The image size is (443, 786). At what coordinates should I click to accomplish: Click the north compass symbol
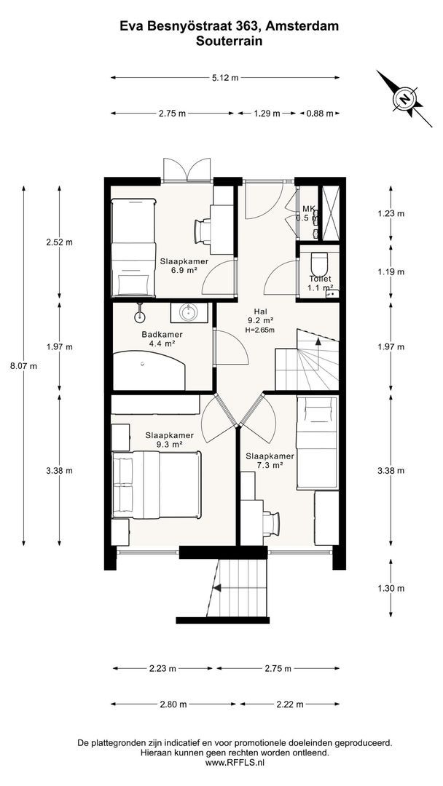(x=404, y=98)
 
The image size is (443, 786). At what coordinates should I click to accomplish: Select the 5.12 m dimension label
(x=224, y=78)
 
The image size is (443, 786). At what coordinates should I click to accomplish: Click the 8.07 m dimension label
(x=23, y=366)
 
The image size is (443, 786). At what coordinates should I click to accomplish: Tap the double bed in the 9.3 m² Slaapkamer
(x=156, y=484)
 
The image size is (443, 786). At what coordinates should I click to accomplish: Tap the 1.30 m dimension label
(x=391, y=589)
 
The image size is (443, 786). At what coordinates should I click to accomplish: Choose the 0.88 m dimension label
(x=320, y=114)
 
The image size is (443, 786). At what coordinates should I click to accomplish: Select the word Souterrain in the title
(x=230, y=42)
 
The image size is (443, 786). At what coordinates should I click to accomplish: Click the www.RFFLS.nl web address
(x=235, y=763)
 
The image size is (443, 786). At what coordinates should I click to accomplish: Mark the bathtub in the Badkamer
(x=149, y=370)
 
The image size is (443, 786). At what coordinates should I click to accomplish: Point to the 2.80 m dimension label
(x=173, y=704)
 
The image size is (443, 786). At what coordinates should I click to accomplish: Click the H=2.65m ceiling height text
(x=260, y=330)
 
